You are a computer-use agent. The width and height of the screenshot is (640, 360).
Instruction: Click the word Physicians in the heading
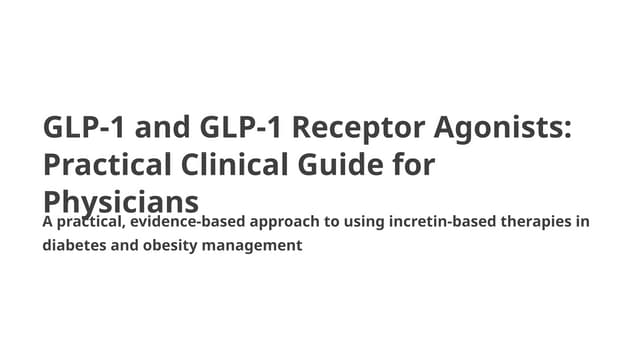[x=120, y=197]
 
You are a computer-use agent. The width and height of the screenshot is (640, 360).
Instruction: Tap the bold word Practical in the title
[x=98, y=164]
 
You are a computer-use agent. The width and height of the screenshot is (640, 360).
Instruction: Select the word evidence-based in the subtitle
[x=190, y=221]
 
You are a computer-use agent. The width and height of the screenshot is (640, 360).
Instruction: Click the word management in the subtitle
[x=253, y=244]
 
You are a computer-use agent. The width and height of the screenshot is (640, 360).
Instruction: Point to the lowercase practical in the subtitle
[x=91, y=221]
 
